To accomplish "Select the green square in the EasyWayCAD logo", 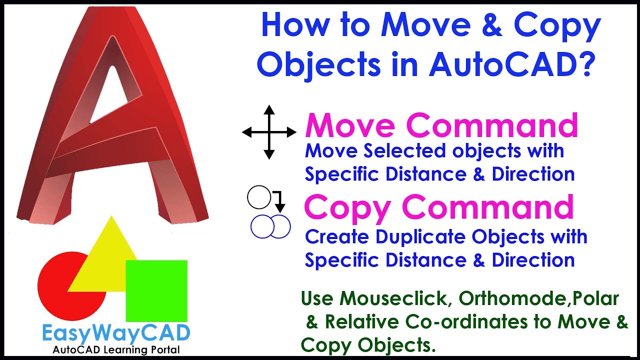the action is point(156,291).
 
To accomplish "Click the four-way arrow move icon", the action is point(269,132).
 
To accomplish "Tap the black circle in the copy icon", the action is point(259,197).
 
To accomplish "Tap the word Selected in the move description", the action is point(404,150).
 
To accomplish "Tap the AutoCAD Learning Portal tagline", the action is point(116,349).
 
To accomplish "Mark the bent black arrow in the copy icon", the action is point(279,201).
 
